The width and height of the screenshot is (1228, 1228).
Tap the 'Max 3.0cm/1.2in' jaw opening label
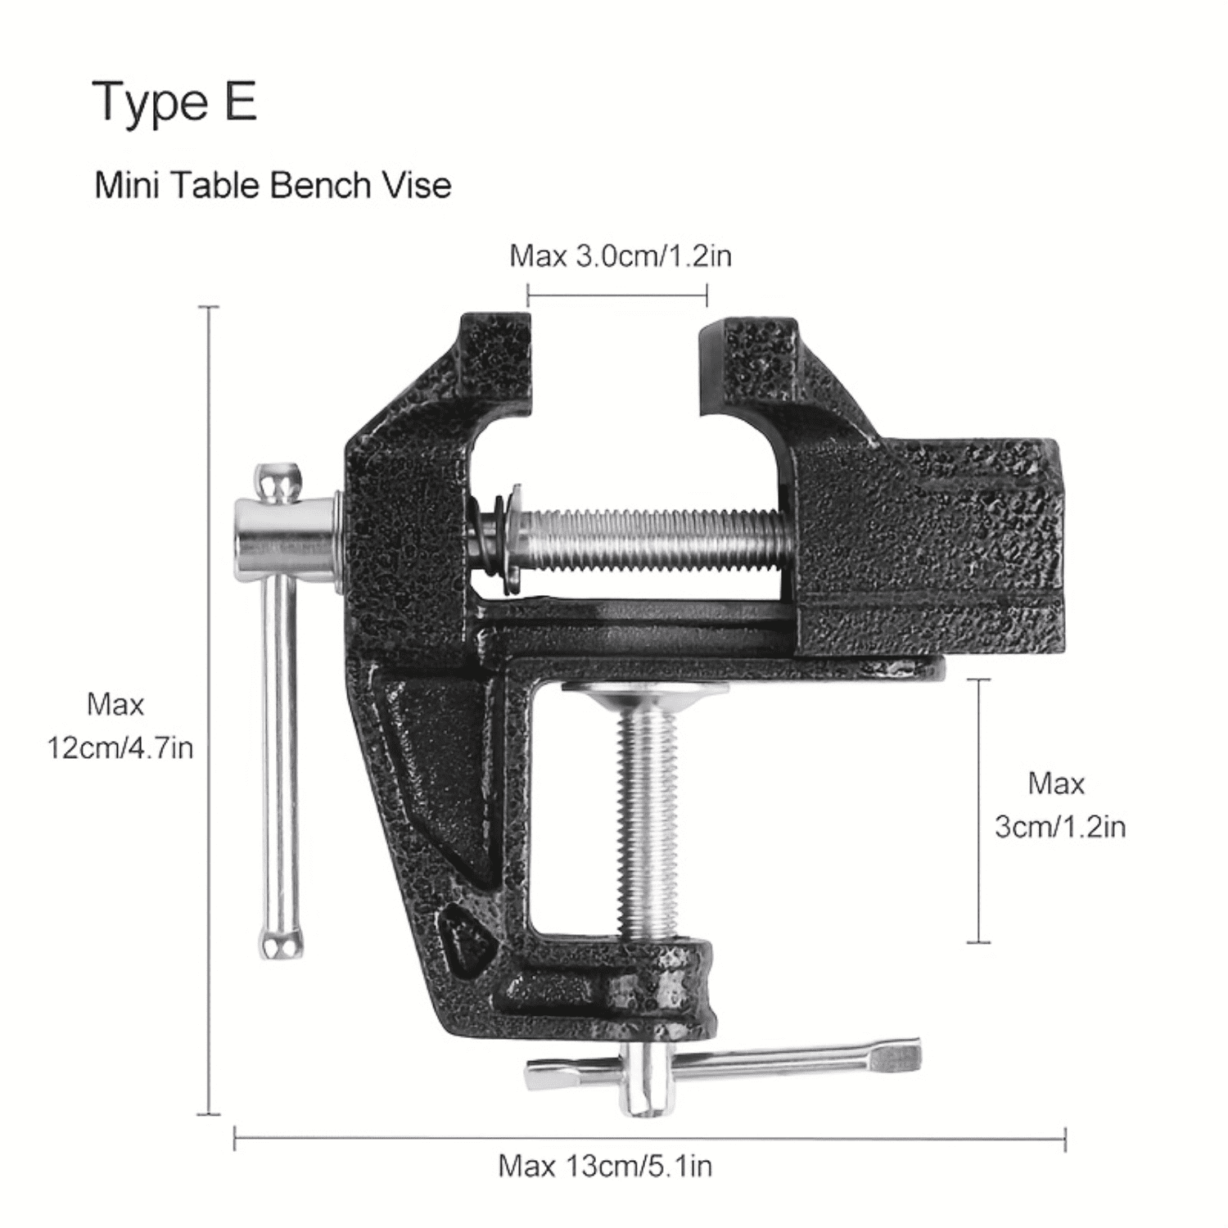click(x=620, y=256)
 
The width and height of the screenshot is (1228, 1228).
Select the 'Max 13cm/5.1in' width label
click(x=605, y=1165)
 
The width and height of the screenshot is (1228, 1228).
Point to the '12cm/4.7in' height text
click(x=120, y=747)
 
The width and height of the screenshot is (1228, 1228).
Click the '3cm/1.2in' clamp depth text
click(x=1059, y=827)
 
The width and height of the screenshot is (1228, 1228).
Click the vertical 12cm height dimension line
click(x=210, y=819)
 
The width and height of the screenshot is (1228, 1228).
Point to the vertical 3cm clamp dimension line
click(x=978, y=810)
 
